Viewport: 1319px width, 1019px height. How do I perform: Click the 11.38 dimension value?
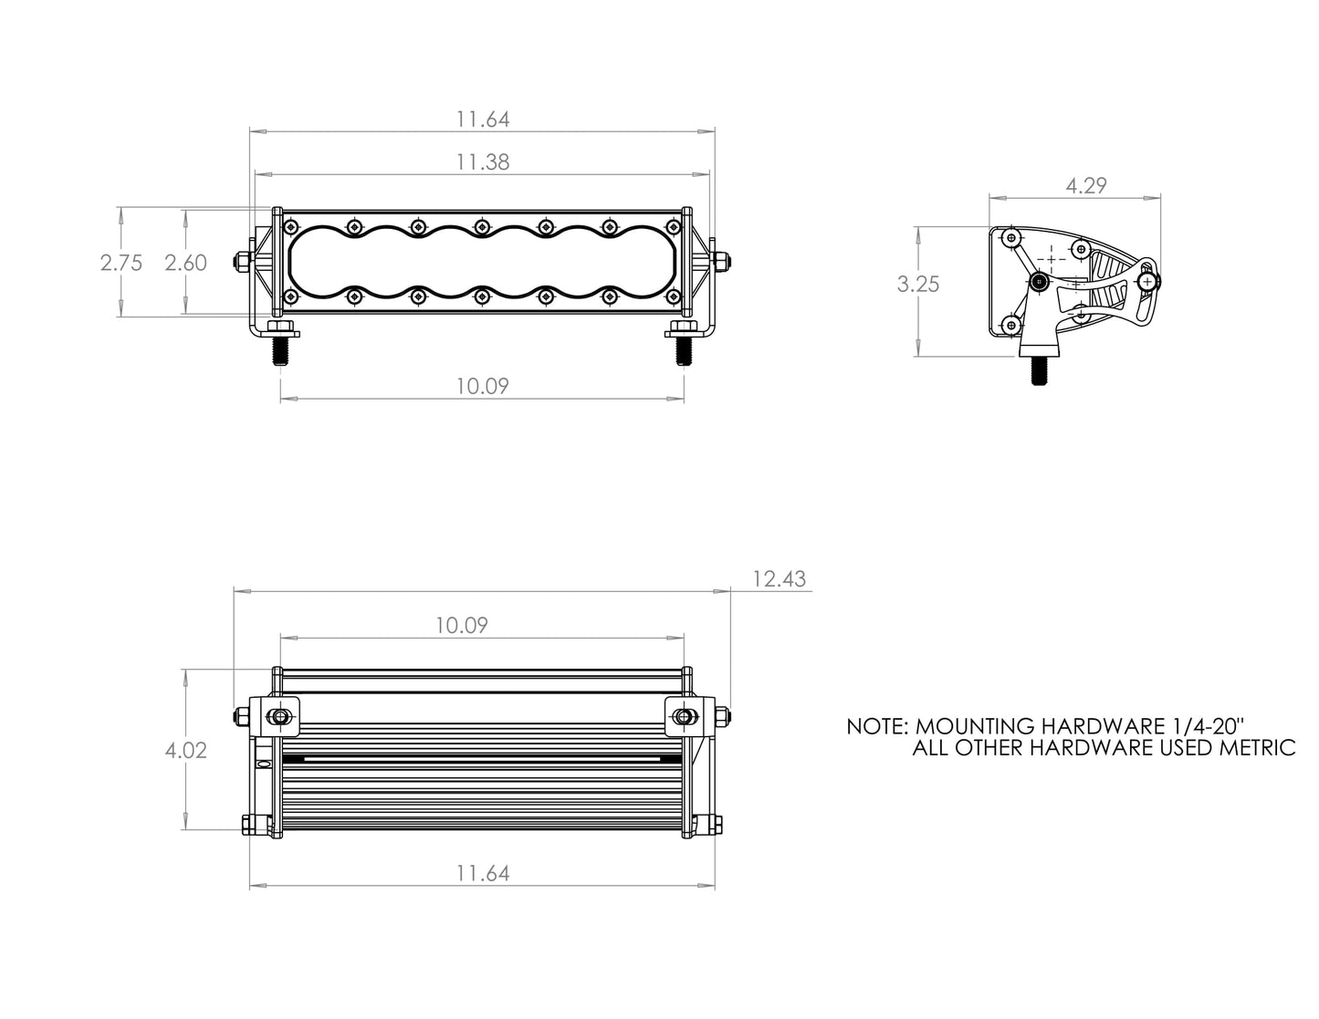click(483, 162)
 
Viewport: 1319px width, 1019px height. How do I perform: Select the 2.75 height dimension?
click(120, 263)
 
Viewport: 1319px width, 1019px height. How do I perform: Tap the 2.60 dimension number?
click(185, 263)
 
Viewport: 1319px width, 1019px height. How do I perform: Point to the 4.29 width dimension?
click(1085, 185)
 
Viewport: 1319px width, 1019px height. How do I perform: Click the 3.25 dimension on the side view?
click(917, 284)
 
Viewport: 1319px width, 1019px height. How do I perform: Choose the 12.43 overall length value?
click(780, 579)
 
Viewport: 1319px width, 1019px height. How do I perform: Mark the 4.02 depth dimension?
click(185, 750)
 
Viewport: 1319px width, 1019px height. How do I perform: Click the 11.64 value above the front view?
click(483, 120)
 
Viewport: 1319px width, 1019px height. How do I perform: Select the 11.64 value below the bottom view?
click(483, 873)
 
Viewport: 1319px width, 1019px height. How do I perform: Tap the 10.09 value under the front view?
click(483, 386)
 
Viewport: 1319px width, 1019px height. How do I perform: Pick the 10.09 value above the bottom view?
click(461, 625)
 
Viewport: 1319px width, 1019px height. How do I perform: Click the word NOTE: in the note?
click(876, 727)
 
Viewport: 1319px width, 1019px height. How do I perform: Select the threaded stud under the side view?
click(1039, 371)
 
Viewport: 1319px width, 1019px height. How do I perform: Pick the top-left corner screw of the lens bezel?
click(290, 226)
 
